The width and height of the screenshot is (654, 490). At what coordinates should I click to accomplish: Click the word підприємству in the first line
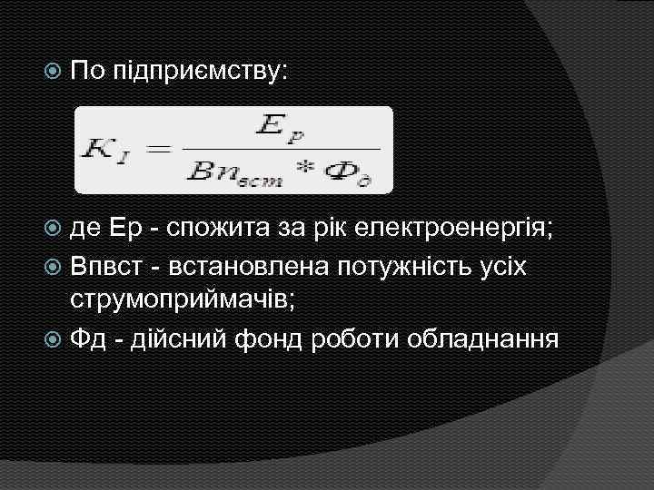[200, 71]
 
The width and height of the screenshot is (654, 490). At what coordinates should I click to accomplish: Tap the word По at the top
[90, 70]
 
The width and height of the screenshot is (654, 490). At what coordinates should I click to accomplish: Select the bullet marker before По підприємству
[56, 70]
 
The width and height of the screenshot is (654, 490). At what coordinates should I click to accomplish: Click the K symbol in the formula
[100, 150]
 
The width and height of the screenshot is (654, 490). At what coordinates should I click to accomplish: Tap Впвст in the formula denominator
[238, 173]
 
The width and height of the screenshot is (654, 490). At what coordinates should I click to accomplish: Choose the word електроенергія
[471, 227]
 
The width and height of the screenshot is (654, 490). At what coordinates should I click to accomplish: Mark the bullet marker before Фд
[56, 341]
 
